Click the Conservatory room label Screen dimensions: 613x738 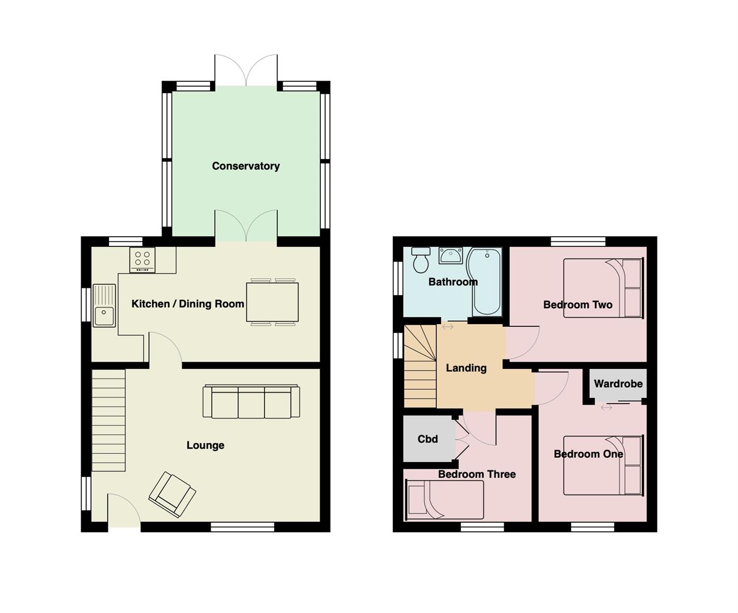point(245,166)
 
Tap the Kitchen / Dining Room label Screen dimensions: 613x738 point(187,304)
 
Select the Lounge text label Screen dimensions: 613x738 point(205,445)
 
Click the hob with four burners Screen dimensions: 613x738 point(142,259)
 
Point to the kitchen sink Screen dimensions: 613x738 point(104,306)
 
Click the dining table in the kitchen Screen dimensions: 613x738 point(272,301)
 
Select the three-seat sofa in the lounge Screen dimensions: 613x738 point(251,402)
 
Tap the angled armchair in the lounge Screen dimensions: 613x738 point(172,494)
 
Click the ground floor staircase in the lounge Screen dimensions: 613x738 point(108,420)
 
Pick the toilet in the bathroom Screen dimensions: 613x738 point(421,261)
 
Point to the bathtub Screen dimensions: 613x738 point(486,281)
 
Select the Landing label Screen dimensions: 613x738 point(466,368)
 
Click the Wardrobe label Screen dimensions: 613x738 point(618,384)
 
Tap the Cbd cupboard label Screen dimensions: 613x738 point(427,439)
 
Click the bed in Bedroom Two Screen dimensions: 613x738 point(603,288)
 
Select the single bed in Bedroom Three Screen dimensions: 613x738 point(444,499)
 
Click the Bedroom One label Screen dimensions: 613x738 point(588,454)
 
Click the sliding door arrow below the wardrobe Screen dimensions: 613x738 point(606,408)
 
